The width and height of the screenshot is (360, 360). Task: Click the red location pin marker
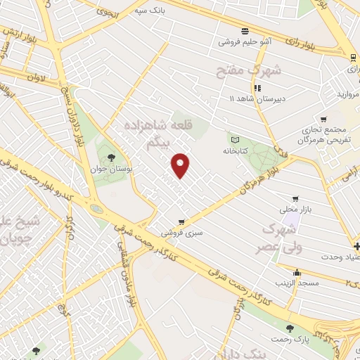coord(181,165)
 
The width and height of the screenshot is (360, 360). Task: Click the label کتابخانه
coord(236,151)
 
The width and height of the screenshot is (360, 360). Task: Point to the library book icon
coord(236,139)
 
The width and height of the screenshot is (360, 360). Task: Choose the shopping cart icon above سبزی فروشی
coord(181,221)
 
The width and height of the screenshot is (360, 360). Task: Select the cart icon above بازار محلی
coord(295,198)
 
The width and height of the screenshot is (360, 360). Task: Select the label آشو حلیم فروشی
coord(245,42)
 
